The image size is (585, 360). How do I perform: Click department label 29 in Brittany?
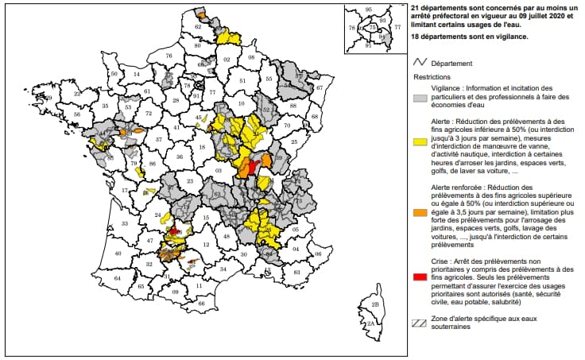[48, 98]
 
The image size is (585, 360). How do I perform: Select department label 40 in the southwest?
[118, 254]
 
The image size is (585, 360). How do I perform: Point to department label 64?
[118, 279]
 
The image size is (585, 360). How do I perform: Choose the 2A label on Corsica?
[369, 323]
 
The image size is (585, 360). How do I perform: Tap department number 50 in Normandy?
[114, 74]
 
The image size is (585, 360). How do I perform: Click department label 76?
[169, 56]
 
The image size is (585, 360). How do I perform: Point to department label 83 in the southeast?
[297, 272]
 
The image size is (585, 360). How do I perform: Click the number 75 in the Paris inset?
[372, 28]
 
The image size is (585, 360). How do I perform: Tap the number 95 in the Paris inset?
[368, 10]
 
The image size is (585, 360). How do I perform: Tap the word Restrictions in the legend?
[432, 77]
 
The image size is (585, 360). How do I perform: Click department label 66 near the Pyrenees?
[202, 303]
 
